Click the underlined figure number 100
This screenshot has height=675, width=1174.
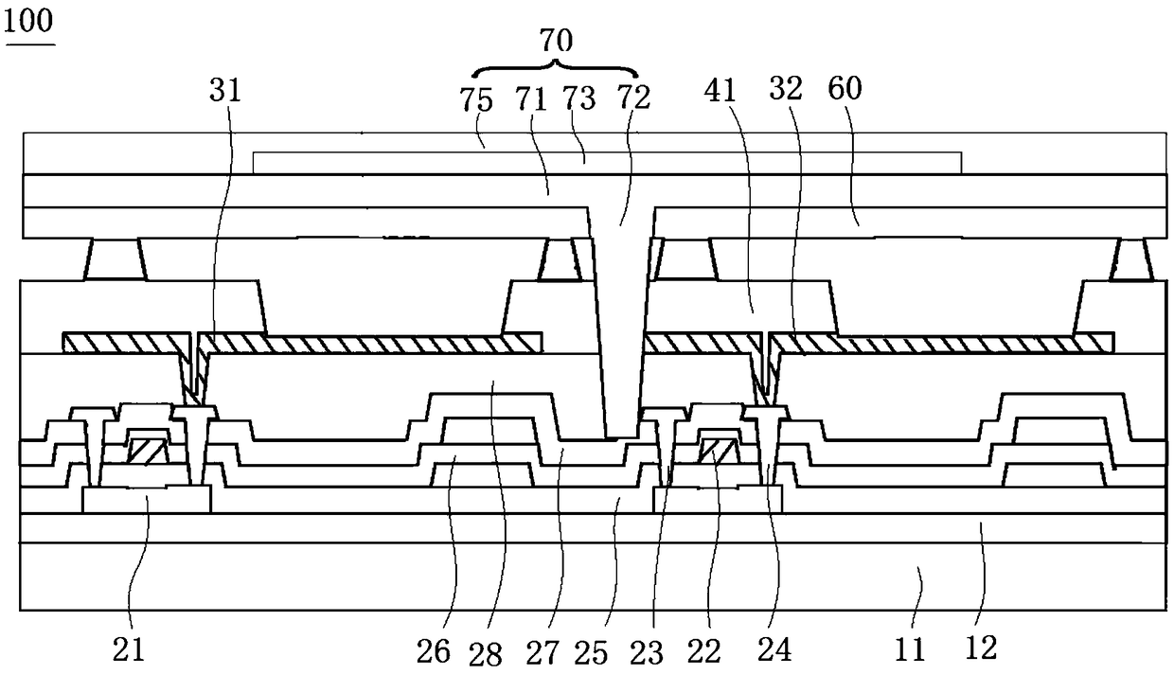28,22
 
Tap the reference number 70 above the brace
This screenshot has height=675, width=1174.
556,41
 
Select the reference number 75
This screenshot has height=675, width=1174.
476,100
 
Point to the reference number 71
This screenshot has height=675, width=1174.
531,98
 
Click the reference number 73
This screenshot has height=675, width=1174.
579,98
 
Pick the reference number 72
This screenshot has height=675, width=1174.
633,97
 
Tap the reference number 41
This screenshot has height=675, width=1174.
720,91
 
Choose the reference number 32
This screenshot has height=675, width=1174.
786,89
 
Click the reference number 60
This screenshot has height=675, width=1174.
845,88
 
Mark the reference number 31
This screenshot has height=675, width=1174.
224,90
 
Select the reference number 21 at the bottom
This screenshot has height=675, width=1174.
129,650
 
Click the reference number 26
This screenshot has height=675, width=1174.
434,652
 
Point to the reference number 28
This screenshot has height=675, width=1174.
486,654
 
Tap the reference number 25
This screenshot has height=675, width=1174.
591,653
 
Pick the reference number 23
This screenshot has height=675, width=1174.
647,653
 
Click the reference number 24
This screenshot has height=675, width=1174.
774,649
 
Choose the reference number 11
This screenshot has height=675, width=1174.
909,650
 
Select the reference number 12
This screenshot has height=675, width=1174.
981,648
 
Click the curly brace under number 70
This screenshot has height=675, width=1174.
556,67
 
